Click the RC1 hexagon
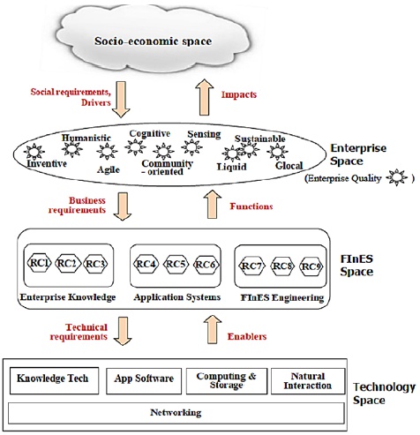point(39,263)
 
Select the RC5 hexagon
point(176,265)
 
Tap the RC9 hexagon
point(311,266)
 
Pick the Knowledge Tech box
point(54,380)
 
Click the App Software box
point(144,381)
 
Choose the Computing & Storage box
point(227,381)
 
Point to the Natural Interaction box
point(308,381)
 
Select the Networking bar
point(176,413)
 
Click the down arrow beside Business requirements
point(123,206)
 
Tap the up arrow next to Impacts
point(205,97)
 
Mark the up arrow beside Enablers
point(213,329)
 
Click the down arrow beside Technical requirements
point(123,331)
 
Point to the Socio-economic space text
point(153,41)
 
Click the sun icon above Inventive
point(34,152)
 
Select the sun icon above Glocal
point(277,152)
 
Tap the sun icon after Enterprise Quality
point(397,177)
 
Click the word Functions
point(251,206)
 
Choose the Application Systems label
point(177,297)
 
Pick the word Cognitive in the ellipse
point(150,134)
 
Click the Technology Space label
point(384,394)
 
